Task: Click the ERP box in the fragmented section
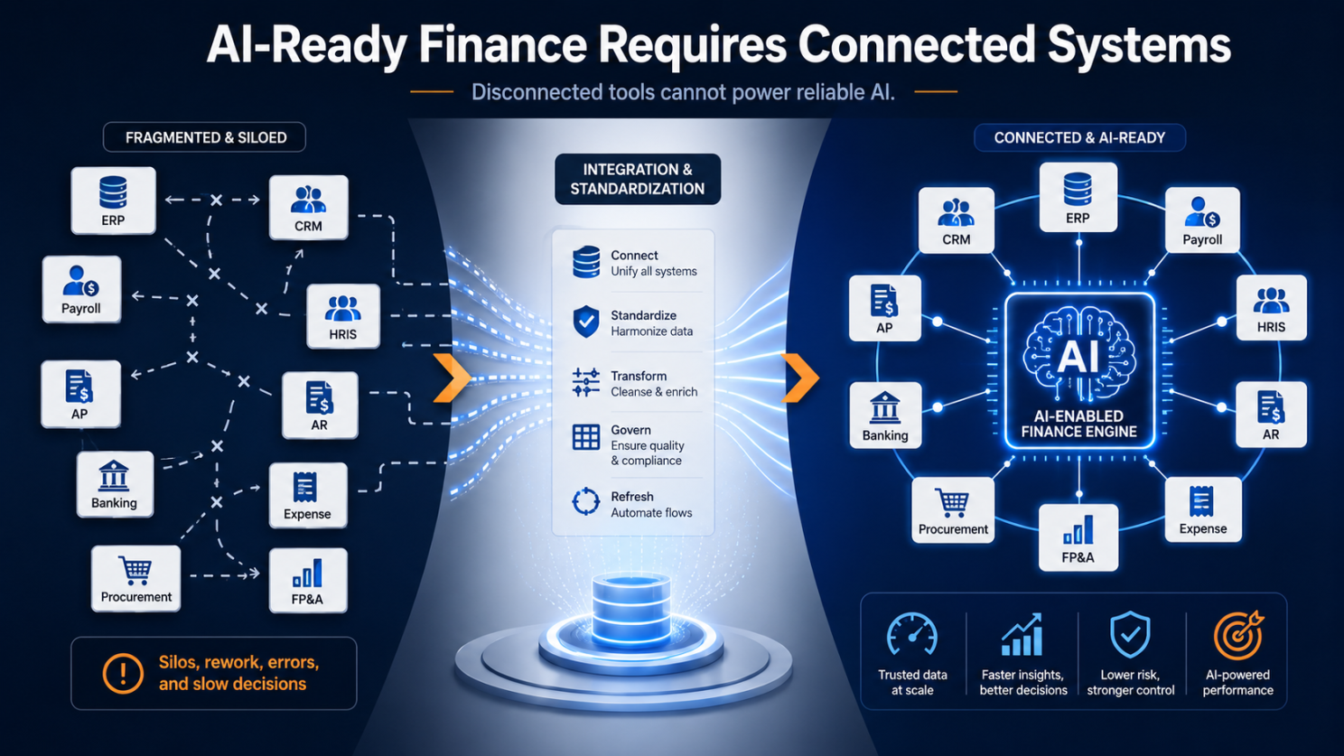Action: coord(114,201)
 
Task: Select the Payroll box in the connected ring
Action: coord(1202,219)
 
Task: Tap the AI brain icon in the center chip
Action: coord(1079,354)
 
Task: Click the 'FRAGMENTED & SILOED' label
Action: coord(205,137)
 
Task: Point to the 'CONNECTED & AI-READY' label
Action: coord(1079,137)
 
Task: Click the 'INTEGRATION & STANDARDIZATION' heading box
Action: coord(637,179)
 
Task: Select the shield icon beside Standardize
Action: coord(586,322)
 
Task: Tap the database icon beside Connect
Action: coord(586,262)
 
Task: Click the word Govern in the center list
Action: coord(630,430)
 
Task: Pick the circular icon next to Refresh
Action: coord(585,501)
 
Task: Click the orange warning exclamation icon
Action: coord(123,673)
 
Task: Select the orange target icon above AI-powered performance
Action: coord(1238,635)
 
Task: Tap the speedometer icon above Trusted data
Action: coord(912,634)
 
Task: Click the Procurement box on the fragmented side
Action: coord(135,578)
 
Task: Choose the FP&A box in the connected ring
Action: coord(1078,537)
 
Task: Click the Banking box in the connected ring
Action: coord(885,415)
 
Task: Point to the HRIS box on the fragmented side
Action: coord(343,316)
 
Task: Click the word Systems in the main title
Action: coord(1139,45)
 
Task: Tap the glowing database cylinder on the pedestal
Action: coord(630,608)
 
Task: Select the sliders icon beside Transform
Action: coord(585,382)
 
